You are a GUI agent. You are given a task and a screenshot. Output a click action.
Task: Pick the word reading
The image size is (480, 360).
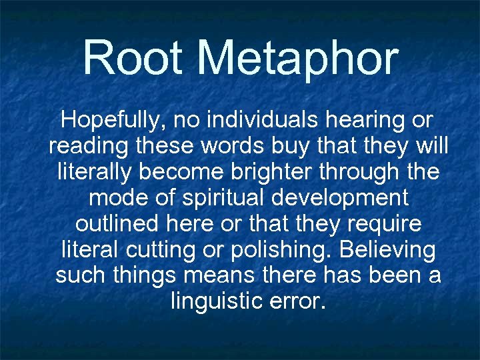click(x=87, y=146)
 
